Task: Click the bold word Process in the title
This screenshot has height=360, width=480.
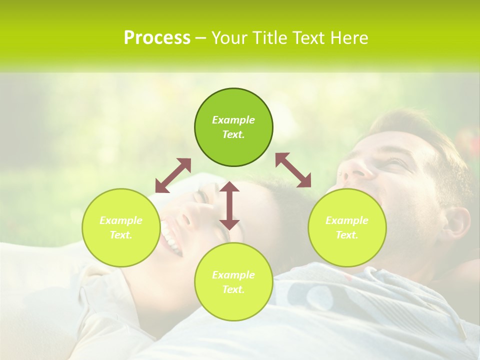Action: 157,38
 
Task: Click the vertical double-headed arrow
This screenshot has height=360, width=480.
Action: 229,205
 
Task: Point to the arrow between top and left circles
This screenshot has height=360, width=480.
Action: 173,175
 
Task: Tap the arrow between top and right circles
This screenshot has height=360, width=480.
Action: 293,170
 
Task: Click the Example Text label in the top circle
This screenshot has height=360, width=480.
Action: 233,127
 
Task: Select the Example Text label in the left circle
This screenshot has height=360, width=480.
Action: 121,227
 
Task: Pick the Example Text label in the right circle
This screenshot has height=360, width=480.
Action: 347,227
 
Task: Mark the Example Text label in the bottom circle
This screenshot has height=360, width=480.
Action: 233,282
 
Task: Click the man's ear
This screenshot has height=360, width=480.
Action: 455,222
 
